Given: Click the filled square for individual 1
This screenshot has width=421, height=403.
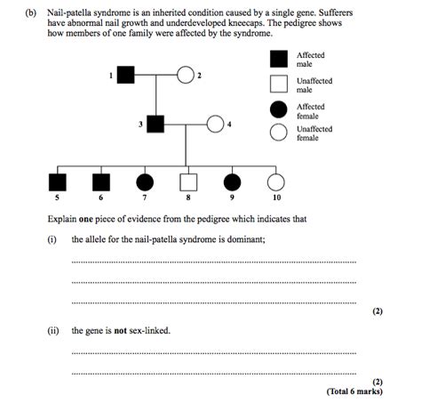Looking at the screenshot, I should (x=125, y=76).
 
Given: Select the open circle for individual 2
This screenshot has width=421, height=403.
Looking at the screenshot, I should (x=186, y=76).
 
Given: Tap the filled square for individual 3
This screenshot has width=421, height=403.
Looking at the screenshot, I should (x=155, y=125).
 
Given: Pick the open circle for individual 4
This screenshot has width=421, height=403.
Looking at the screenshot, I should (x=216, y=125).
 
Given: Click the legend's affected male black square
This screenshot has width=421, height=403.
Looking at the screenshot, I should (x=278, y=60).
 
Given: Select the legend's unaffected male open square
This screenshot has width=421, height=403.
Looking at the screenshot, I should (x=278, y=85).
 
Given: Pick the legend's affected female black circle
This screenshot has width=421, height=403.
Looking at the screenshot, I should (x=278, y=109).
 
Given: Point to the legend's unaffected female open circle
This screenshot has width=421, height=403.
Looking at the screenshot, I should (x=278, y=133).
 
